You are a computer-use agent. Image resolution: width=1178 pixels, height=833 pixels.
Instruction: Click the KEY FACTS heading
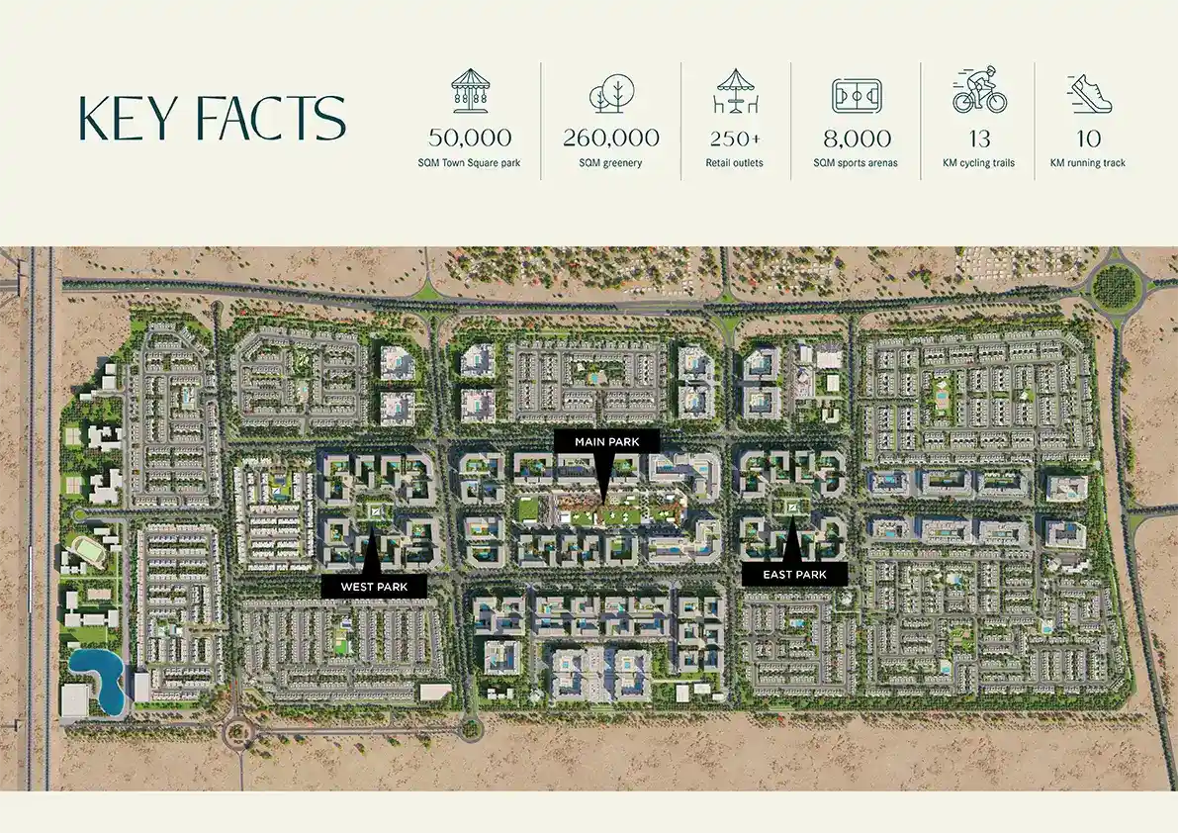coord(212,118)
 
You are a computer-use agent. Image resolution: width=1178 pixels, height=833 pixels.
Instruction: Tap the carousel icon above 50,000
coord(470,90)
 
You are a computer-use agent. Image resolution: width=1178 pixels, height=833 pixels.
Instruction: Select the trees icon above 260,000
coord(610,93)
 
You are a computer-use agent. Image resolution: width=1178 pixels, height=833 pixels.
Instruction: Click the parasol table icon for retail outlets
coord(735,91)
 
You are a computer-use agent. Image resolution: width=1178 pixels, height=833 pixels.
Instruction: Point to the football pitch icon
coord(857,95)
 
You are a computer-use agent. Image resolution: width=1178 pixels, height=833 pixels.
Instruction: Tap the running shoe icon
coord(1089,93)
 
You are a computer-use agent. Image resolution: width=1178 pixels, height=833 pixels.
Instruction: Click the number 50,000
coord(470,138)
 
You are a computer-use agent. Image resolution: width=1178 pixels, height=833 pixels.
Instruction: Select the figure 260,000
coord(611,138)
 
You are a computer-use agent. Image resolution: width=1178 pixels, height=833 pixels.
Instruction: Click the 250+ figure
coord(735,139)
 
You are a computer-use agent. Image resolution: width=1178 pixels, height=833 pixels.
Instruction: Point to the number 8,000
coord(857,139)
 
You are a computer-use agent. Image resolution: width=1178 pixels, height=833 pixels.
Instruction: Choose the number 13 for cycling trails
coord(979,139)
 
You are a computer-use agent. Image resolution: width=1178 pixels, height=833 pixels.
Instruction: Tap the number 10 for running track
coord(1089,139)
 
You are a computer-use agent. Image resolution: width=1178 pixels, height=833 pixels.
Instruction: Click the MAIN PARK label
coord(607,441)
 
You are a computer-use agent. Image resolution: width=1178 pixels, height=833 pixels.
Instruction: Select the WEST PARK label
coord(374,587)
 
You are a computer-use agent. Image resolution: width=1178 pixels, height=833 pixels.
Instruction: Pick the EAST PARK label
coord(795,575)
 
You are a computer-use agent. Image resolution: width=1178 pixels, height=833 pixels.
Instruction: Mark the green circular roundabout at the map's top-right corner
coord(1117,287)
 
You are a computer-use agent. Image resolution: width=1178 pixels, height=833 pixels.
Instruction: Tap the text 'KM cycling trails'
coord(979,163)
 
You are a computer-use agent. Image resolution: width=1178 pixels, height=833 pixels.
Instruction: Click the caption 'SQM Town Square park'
coord(470,163)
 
